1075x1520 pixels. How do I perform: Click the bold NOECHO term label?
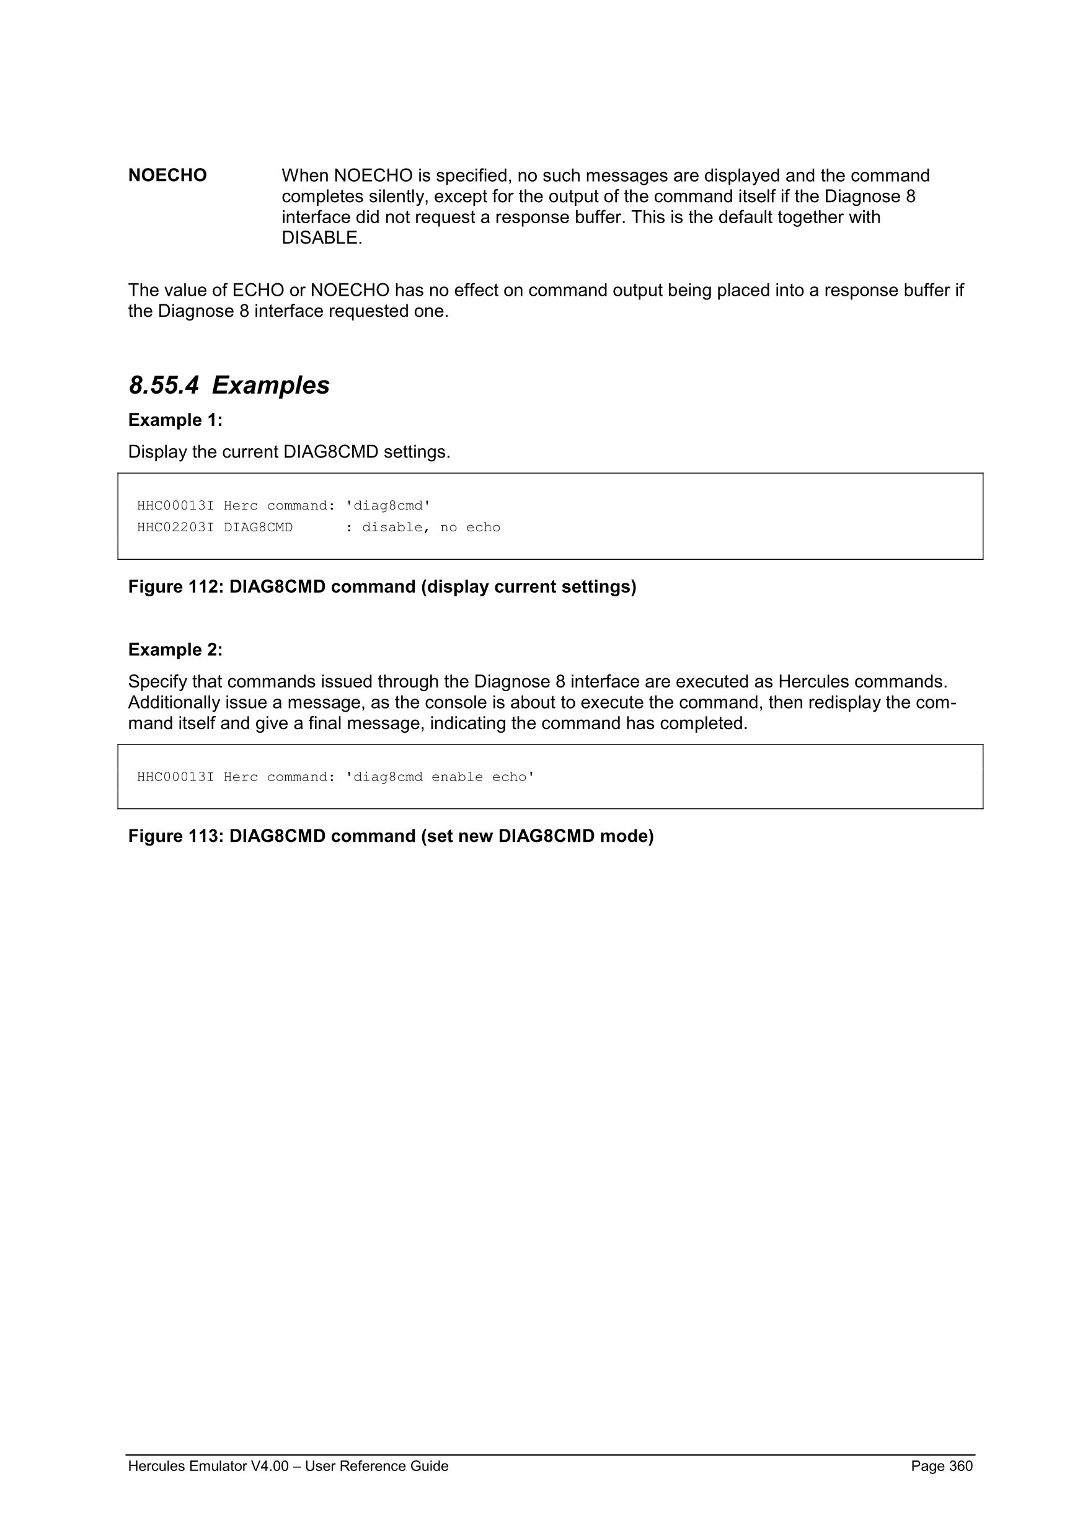(x=167, y=175)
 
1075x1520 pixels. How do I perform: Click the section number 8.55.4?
(x=164, y=386)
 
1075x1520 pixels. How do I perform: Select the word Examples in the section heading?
(x=270, y=386)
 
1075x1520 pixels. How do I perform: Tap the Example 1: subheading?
(x=175, y=420)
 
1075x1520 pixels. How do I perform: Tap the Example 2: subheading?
(x=175, y=650)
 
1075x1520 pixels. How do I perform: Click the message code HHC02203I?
(x=175, y=528)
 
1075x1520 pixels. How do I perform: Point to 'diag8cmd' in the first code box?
(x=388, y=506)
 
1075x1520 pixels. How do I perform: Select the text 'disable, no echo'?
(x=431, y=528)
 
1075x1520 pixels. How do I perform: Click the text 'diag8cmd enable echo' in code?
(x=440, y=777)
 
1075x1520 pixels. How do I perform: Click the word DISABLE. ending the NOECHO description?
(x=322, y=237)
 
